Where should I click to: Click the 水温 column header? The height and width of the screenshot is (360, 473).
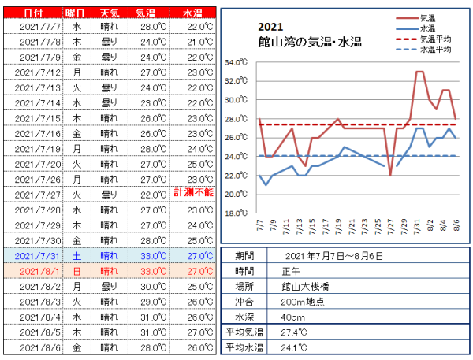point(192,13)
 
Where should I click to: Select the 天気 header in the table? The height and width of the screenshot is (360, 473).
point(110,13)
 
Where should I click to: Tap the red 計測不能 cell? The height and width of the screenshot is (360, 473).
point(194,192)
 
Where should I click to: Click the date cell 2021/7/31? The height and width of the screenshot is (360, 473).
point(37,256)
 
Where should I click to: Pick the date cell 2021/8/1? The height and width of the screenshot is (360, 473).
point(40,271)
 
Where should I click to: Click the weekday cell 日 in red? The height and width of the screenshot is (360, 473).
point(76,271)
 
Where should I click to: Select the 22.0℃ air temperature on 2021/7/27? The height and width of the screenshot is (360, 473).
point(153,195)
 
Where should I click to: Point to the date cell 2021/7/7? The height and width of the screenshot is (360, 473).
point(40,27)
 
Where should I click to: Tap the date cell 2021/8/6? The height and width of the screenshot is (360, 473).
point(40,348)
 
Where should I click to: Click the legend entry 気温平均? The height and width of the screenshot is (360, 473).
point(435,39)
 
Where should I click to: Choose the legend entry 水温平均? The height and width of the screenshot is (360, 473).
point(435,49)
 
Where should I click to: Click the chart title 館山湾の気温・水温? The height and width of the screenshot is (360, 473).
point(310,42)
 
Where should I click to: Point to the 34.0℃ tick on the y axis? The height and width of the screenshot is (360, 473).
point(236,62)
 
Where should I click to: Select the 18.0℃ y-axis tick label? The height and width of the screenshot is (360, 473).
point(236,213)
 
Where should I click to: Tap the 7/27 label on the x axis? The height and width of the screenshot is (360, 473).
point(390,226)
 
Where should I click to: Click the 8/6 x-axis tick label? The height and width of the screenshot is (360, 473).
point(456,225)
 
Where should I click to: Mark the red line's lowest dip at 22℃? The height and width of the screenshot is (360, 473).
point(390,176)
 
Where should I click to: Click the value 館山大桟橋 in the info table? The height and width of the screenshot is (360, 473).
point(305,287)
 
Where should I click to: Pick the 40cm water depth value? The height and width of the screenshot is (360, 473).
point(292,317)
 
